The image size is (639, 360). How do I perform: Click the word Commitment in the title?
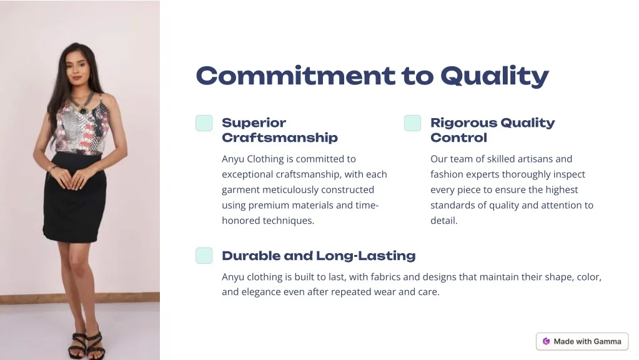(295, 76)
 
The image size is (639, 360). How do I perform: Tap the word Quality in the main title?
(495, 76)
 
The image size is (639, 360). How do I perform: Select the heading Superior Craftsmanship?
(280, 130)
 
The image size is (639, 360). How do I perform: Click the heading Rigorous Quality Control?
(492, 130)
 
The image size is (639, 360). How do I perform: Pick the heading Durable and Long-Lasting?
(319, 256)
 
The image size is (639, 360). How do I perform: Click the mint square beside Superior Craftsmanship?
(204, 123)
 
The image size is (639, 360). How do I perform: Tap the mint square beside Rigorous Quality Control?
(412, 123)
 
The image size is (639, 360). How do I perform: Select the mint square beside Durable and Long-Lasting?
(204, 256)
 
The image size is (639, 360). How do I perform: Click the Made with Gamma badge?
(582, 341)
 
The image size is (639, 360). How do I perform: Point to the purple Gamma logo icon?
(546, 341)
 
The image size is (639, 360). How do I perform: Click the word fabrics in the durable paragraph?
(385, 277)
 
